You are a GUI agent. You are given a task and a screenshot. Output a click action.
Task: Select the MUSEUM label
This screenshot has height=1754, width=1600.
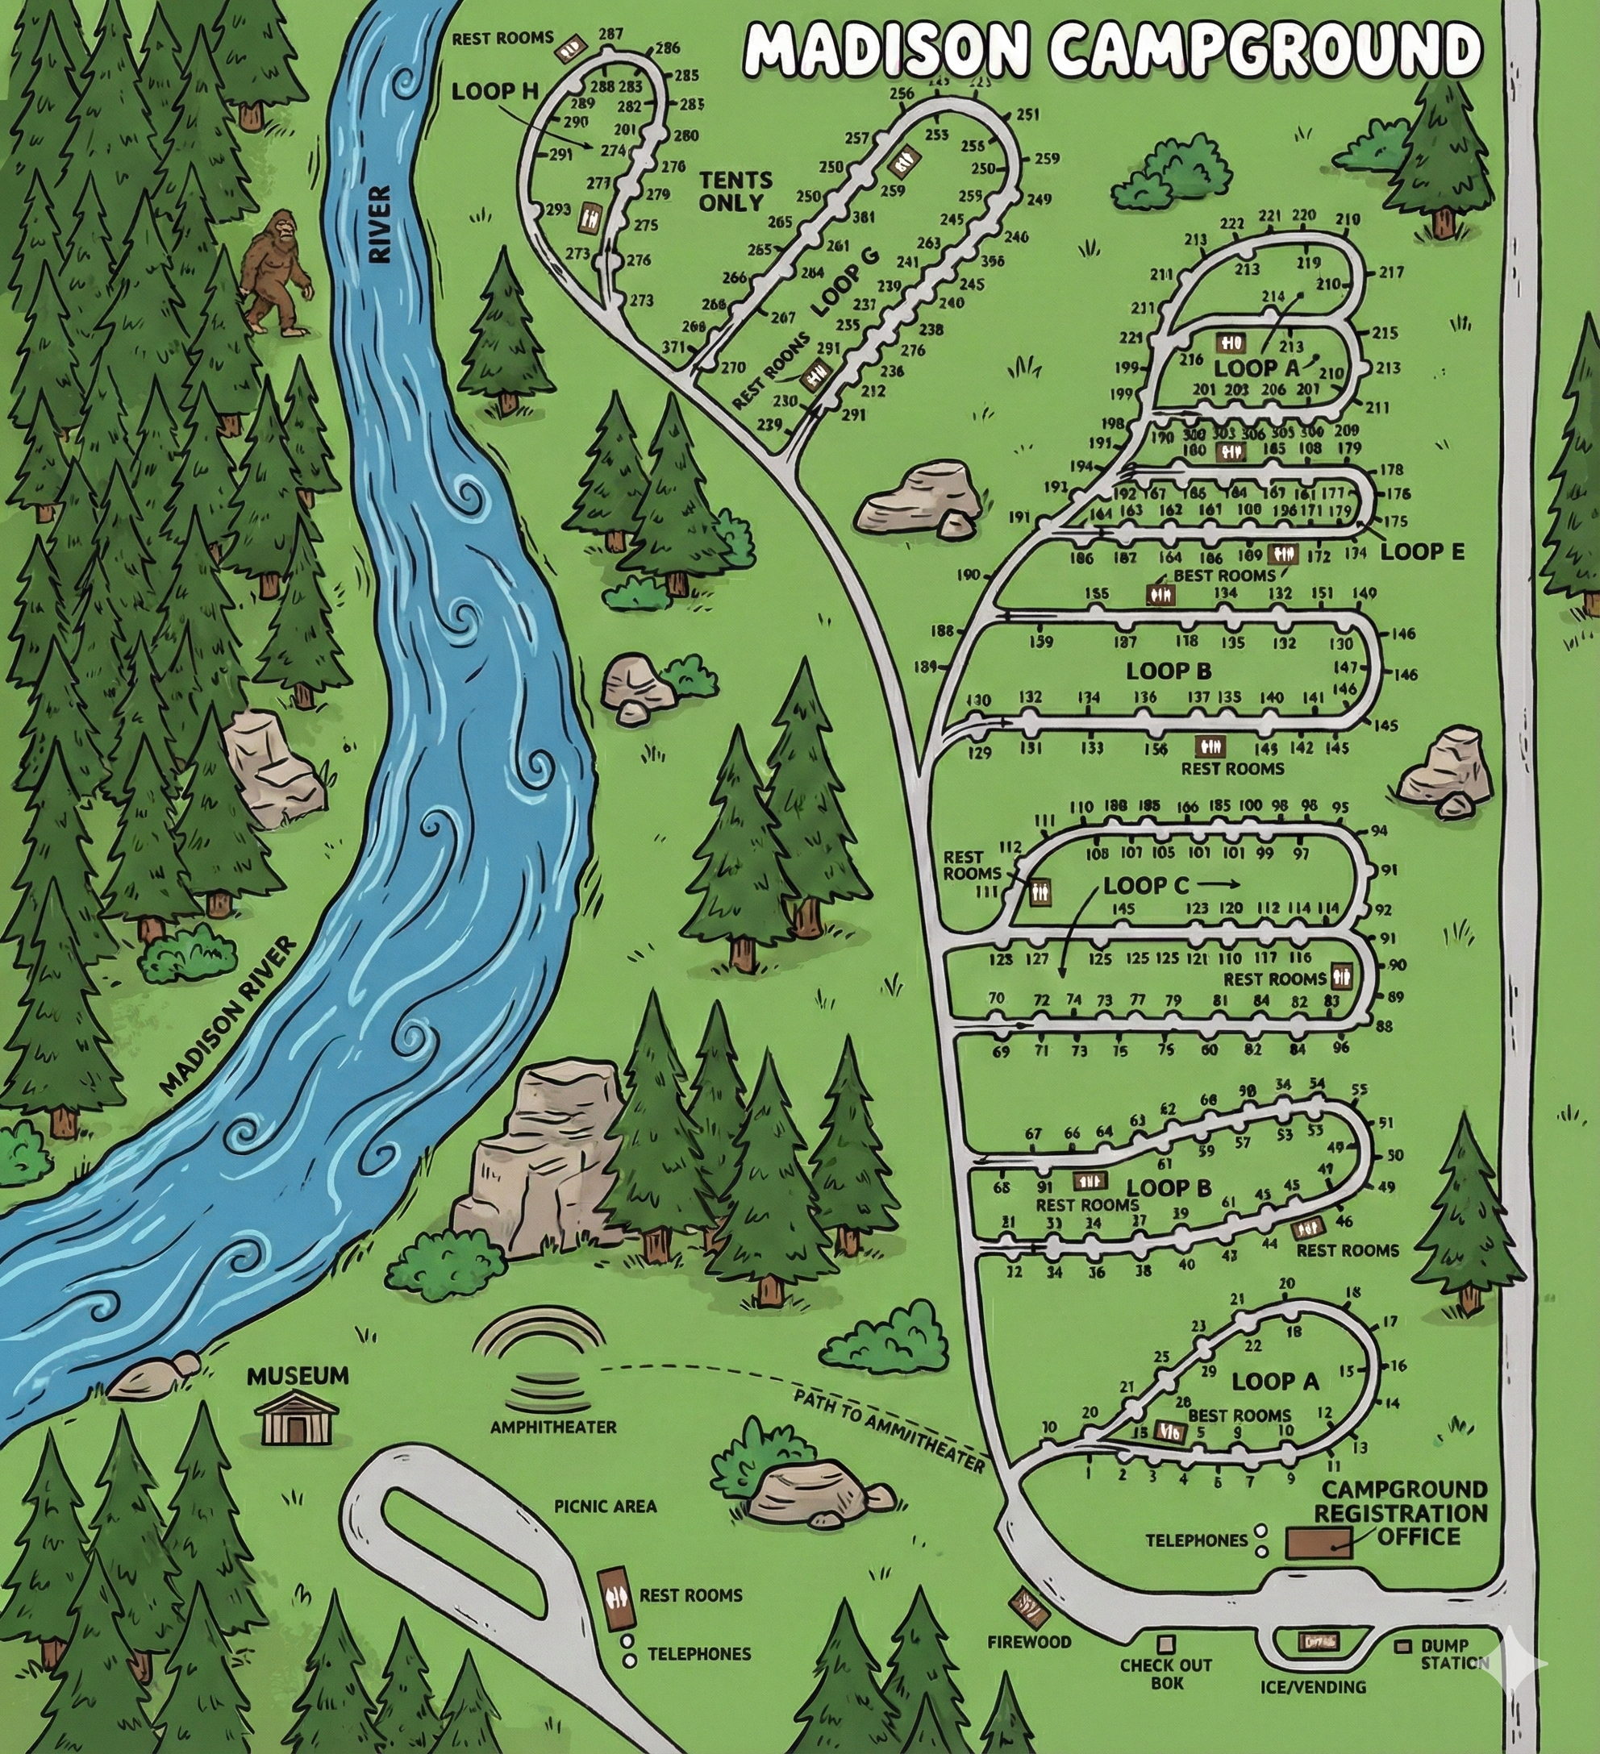[298, 1375]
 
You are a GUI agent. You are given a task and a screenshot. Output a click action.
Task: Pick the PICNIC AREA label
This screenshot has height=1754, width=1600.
[606, 1505]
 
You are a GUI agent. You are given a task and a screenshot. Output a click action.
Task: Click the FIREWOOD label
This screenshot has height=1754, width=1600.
[1029, 1642]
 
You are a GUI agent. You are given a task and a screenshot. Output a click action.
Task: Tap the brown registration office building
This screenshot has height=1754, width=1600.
[1318, 1543]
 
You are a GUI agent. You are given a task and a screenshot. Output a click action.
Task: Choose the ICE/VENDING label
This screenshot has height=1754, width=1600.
[1313, 1687]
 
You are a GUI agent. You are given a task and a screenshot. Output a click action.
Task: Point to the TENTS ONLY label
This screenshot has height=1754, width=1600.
[735, 191]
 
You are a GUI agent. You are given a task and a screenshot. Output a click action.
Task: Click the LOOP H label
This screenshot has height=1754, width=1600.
[495, 91]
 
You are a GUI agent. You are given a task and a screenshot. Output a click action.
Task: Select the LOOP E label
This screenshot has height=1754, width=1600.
[1423, 551]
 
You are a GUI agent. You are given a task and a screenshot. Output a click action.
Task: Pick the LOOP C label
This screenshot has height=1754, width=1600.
[1144, 886]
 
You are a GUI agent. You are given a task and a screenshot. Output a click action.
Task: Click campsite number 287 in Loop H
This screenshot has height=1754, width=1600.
[611, 35]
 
